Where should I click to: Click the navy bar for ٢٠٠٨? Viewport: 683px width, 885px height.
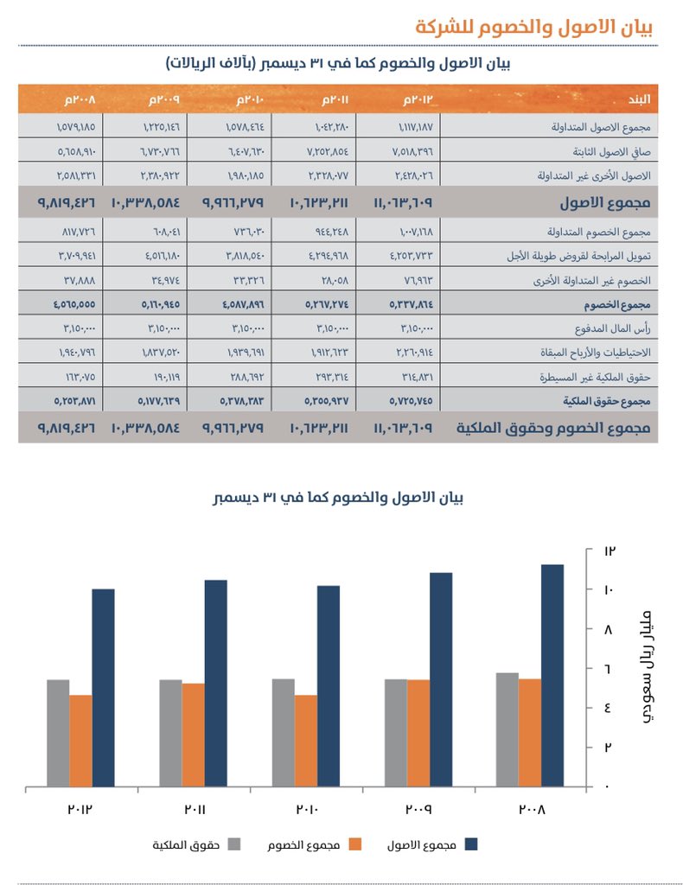tap(552, 676)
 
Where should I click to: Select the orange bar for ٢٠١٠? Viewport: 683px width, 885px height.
tap(305, 741)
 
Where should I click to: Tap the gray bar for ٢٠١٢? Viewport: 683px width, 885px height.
tap(58, 733)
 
